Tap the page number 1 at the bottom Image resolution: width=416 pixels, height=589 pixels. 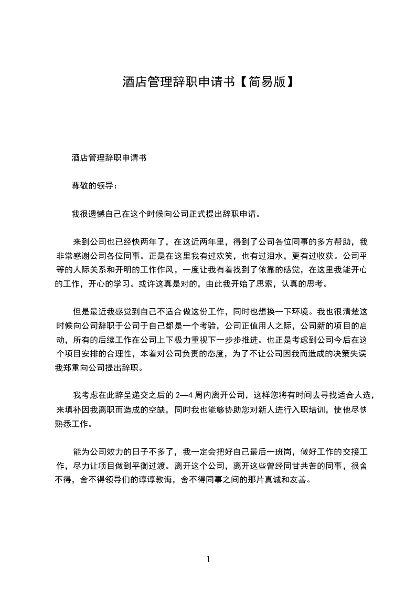tap(208, 559)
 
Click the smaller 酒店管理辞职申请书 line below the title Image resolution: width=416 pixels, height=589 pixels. tap(109, 157)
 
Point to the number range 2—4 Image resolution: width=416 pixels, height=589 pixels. tap(187, 395)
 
